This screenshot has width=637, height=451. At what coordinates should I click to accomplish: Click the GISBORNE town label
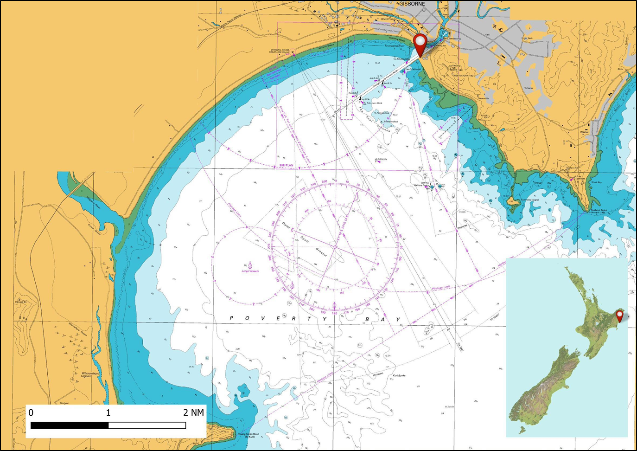click(x=412, y=4)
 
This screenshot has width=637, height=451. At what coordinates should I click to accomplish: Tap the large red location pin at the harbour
click(x=420, y=43)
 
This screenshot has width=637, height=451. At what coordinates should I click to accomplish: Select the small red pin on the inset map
click(x=619, y=316)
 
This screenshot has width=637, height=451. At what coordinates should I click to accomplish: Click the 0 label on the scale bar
click(x=31, y=412)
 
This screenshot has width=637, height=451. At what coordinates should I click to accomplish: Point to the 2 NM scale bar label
click(x=193, y=412)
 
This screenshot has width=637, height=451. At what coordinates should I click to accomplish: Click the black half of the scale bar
click(x=70, y=425)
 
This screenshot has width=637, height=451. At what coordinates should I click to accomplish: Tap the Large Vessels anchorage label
click(x=250, y=271)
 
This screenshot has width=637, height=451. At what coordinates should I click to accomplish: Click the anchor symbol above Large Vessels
click(x=250, y=265)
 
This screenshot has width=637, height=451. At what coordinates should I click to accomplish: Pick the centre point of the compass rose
click(x=335, y=247)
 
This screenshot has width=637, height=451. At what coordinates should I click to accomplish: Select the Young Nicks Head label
click(x=248, y=435)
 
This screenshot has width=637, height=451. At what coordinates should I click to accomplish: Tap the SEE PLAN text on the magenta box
click(x=286, y=165)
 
